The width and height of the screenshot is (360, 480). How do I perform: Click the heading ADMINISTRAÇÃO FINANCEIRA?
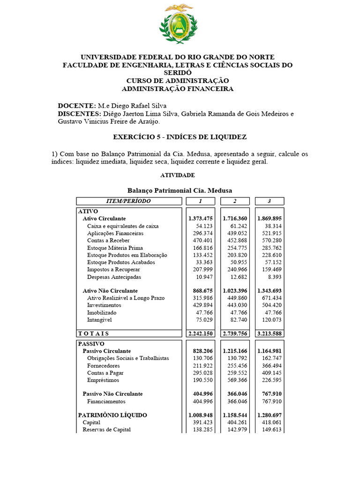pyautogui.click(x=177, y=89)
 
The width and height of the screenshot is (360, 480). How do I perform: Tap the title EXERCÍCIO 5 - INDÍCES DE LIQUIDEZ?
pyautogui.click(x=180, y=137)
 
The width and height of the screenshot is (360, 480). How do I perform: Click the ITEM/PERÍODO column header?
pyautogui.click(x=129, y=201)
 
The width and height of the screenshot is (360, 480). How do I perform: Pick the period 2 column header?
pyautogui.click(x=235, y=201)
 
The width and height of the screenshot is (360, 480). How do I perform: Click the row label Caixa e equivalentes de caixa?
pyautogui.click(x=123, y=226)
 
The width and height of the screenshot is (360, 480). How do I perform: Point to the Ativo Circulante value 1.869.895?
pyautogui.click(x=269, y=218)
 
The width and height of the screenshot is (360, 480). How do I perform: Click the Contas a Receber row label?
pyautogui.click(x=109, y=240)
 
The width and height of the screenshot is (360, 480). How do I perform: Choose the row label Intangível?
pyautogui.click(x=99, y=320)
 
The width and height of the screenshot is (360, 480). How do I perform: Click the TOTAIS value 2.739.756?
pyautogui.click(x=235, y=333)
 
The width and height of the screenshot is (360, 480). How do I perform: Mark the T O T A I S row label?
pyautogui.click(x=93, y=333)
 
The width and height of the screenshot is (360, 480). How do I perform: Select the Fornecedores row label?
pyautogui.click(x=103, y=366)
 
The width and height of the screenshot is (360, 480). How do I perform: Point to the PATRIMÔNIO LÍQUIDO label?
pyautogui.click(x=112, y=415)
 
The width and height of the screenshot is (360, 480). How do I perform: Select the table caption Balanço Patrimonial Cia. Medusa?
pyautogui.click(x=180, y=190)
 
